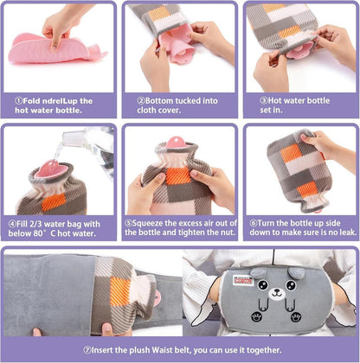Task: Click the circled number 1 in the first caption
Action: pos(18,101)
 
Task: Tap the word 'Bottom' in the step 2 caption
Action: pos(157,101)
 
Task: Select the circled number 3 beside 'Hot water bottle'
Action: pos(264,100)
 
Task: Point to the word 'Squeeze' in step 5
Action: pos(148,223)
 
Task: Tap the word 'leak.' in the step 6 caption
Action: pos(348,232)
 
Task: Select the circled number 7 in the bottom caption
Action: pos(87,350)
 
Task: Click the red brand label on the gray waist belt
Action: pos(243,280)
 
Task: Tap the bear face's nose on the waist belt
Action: pos(277,291)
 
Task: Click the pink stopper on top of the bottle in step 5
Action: pos(176,143)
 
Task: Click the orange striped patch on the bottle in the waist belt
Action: pos(120,291)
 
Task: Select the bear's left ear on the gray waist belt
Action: pos(258,273)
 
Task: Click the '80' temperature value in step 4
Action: pos(37,233)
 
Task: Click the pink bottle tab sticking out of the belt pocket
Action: pos(157,298)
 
